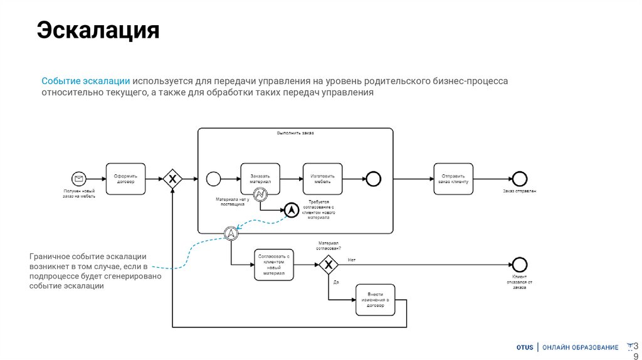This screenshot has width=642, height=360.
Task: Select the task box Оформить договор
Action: tap(125, 179)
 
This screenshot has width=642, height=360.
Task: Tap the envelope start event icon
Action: tap(79, 179)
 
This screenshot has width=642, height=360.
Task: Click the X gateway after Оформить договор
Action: tap(172, 179)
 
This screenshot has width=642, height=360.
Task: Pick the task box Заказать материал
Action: tap(260, 179)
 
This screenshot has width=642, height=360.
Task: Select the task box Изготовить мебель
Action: tap(322, 179)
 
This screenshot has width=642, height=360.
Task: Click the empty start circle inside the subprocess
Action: tap(213, 179)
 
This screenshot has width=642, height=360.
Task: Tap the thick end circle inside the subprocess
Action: tap(374, 179)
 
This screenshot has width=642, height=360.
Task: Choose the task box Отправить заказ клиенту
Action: tap(453, 179)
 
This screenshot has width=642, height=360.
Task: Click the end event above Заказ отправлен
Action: tap(519, 179)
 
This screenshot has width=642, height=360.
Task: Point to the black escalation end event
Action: tap(291, 211)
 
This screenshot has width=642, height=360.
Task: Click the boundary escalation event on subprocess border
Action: tap(231, 233)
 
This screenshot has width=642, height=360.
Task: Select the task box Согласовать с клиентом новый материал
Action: tap(275, 265)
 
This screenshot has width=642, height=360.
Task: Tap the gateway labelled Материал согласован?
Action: tap(328, 265)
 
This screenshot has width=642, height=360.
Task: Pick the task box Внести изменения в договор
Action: tap(376, 300)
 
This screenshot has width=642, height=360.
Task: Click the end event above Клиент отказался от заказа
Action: tap(519, 265)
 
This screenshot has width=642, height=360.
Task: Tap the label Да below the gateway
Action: tap(336, 282)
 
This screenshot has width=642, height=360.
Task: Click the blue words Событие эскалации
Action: tap(86, 82)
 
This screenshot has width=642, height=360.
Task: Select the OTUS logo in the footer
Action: tap(525, 347)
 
